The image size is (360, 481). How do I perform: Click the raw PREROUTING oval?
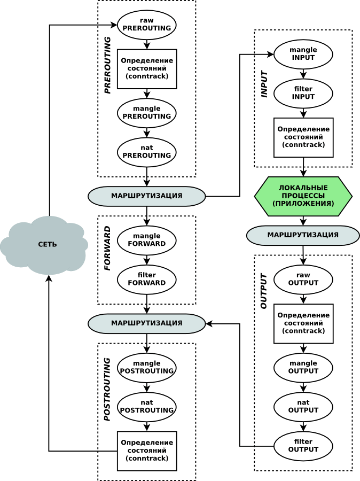coord(147,25)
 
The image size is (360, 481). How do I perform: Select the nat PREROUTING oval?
coord(147,152)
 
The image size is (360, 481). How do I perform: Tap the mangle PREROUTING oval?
coord(147,112)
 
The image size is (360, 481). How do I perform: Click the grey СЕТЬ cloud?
coord(45,245)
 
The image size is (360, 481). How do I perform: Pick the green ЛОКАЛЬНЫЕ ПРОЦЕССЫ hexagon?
coord(303,196)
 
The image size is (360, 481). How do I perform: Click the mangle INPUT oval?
coord(303,54)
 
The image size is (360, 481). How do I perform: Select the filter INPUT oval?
coord(303,93)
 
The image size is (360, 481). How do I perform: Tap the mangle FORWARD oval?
coord(147,240)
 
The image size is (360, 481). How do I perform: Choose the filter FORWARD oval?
coord(147,279)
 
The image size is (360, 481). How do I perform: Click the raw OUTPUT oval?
coord(303,279)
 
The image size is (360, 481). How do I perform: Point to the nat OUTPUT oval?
coord(303,407)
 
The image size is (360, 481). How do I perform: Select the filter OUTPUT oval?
coord(303,446)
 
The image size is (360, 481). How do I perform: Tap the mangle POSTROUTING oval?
coord(147,367)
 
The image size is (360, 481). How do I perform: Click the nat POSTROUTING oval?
coord(147,407)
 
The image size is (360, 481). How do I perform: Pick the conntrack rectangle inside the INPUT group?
coord(303,137)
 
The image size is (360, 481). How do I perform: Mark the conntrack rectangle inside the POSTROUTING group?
coord(147,451)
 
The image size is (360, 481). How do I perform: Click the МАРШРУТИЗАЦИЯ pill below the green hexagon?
coord(303,235)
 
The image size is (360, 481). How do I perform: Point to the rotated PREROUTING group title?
coord(107,65)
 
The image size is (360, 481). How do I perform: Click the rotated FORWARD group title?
coord(107,248)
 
